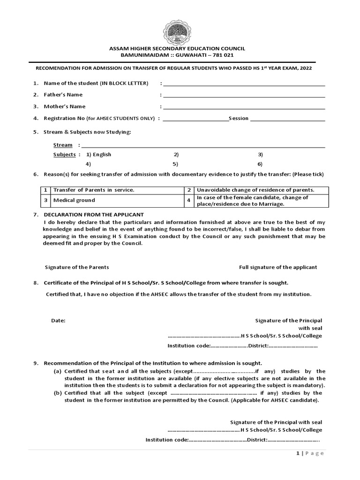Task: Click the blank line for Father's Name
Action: [244, 96]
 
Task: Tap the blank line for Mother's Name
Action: [244, 108]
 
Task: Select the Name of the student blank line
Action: [244, 85]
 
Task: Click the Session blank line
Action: [288, 120]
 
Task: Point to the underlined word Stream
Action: [63, 145]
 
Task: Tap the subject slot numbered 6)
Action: [260, 164]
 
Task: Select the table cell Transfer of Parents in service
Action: [94, 190]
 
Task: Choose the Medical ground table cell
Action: [74, 200]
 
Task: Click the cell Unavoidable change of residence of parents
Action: [255, 190]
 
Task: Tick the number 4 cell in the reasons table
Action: [188, 201]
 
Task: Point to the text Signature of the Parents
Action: [77, 267]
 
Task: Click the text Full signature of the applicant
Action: [278, 267]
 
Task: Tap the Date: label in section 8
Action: [58, 321]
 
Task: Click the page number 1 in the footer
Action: [298, 453]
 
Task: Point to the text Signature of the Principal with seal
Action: [276, 422]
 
